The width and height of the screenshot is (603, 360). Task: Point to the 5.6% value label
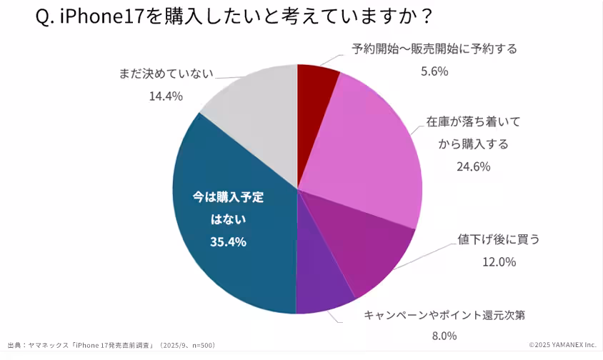point(434,71)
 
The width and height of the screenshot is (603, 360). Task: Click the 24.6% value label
point(473,166)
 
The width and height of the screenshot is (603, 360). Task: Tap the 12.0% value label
point(499,261)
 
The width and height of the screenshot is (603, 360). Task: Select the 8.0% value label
point(444,336)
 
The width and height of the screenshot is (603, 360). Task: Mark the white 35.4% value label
point(228,241)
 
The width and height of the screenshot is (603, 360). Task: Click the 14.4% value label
point(166,96)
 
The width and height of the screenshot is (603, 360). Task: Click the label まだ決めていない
point(166,74)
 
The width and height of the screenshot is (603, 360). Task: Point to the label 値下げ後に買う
point(499,239)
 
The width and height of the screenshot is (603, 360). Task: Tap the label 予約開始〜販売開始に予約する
point(434,49)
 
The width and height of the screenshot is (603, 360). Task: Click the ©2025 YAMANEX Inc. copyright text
point(562,345)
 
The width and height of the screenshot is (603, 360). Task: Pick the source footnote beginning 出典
point(111,345)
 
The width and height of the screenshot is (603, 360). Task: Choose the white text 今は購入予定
point(228,197)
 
